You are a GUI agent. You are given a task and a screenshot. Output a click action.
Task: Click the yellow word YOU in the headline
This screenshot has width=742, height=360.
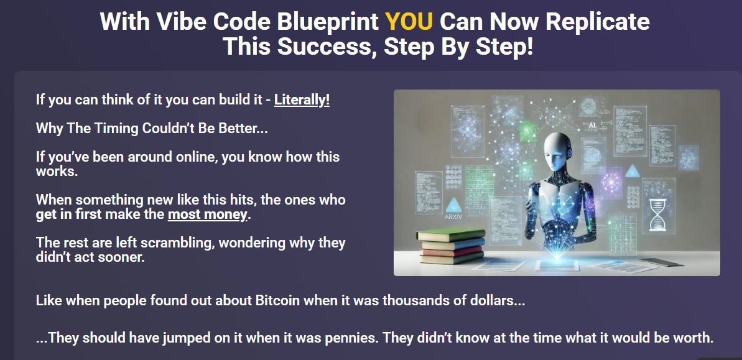point(409,22)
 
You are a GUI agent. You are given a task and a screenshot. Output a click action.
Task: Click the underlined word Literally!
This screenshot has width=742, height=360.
point(302,100)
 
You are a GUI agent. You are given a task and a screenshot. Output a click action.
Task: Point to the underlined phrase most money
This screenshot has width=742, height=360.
point(208,215)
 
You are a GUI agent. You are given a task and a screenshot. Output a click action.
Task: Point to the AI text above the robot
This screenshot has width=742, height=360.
point(590,125)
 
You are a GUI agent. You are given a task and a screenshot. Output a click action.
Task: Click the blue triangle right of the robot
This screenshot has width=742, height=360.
point(632,171)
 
